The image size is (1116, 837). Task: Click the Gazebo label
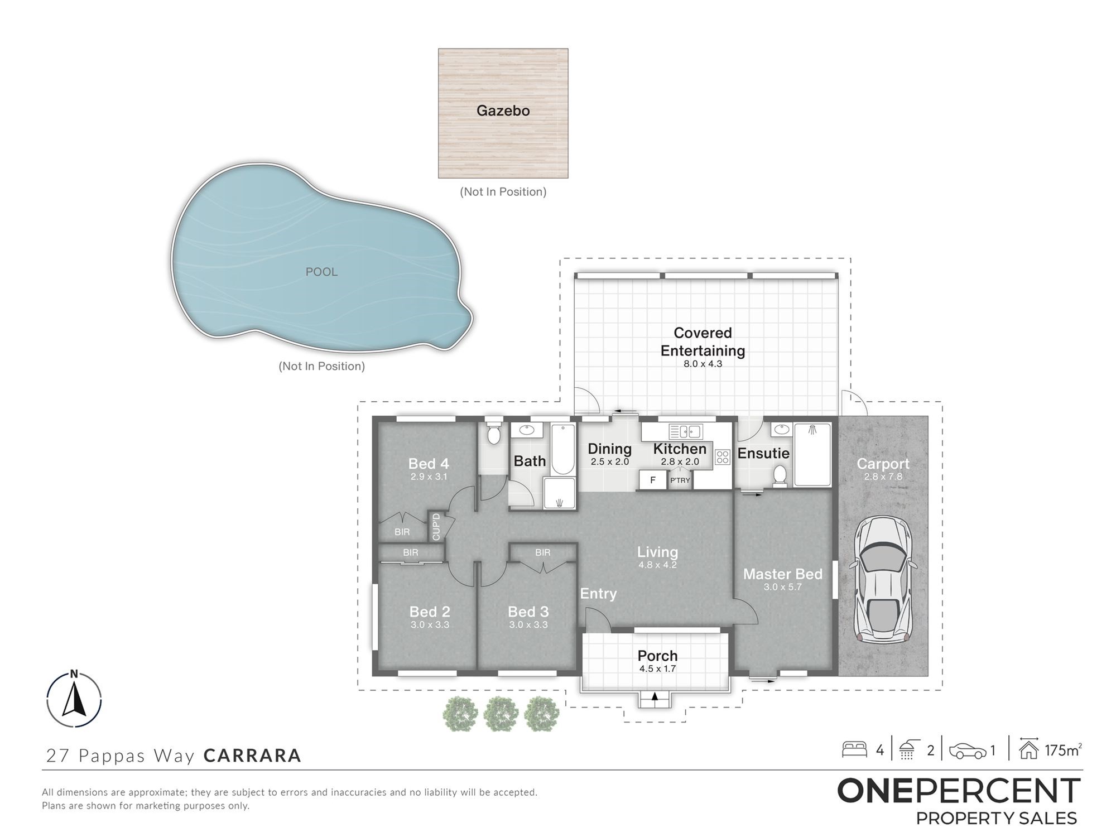(x=503, y=110)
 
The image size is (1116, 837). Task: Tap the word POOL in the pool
(x=321, y=272)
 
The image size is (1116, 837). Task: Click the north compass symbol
(x=74, y=698)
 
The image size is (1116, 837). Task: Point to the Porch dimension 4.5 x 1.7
(x=657, y=668)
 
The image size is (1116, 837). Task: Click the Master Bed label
(x=782, y=574)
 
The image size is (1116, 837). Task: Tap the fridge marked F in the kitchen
(x=653, y=480)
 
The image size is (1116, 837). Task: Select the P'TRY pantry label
(x=680, y=480)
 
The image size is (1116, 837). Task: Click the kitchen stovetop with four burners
(x=723, y=457)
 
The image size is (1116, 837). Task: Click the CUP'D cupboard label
(x=436, y=526)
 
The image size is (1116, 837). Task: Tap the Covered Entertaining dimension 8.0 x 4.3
(x=703, y=364)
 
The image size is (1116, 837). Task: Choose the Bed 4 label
(x=429, y=463)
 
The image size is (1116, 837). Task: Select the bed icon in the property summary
(x=854, y=749)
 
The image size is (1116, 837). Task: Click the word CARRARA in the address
(x=252, y=756)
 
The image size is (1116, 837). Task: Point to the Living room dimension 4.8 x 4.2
(x=657, y=565)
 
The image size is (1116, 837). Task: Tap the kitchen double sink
(x=686, y=431)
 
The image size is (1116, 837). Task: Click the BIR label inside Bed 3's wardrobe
(x=542, y=552)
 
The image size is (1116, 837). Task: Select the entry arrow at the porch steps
(x=655, y=696)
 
